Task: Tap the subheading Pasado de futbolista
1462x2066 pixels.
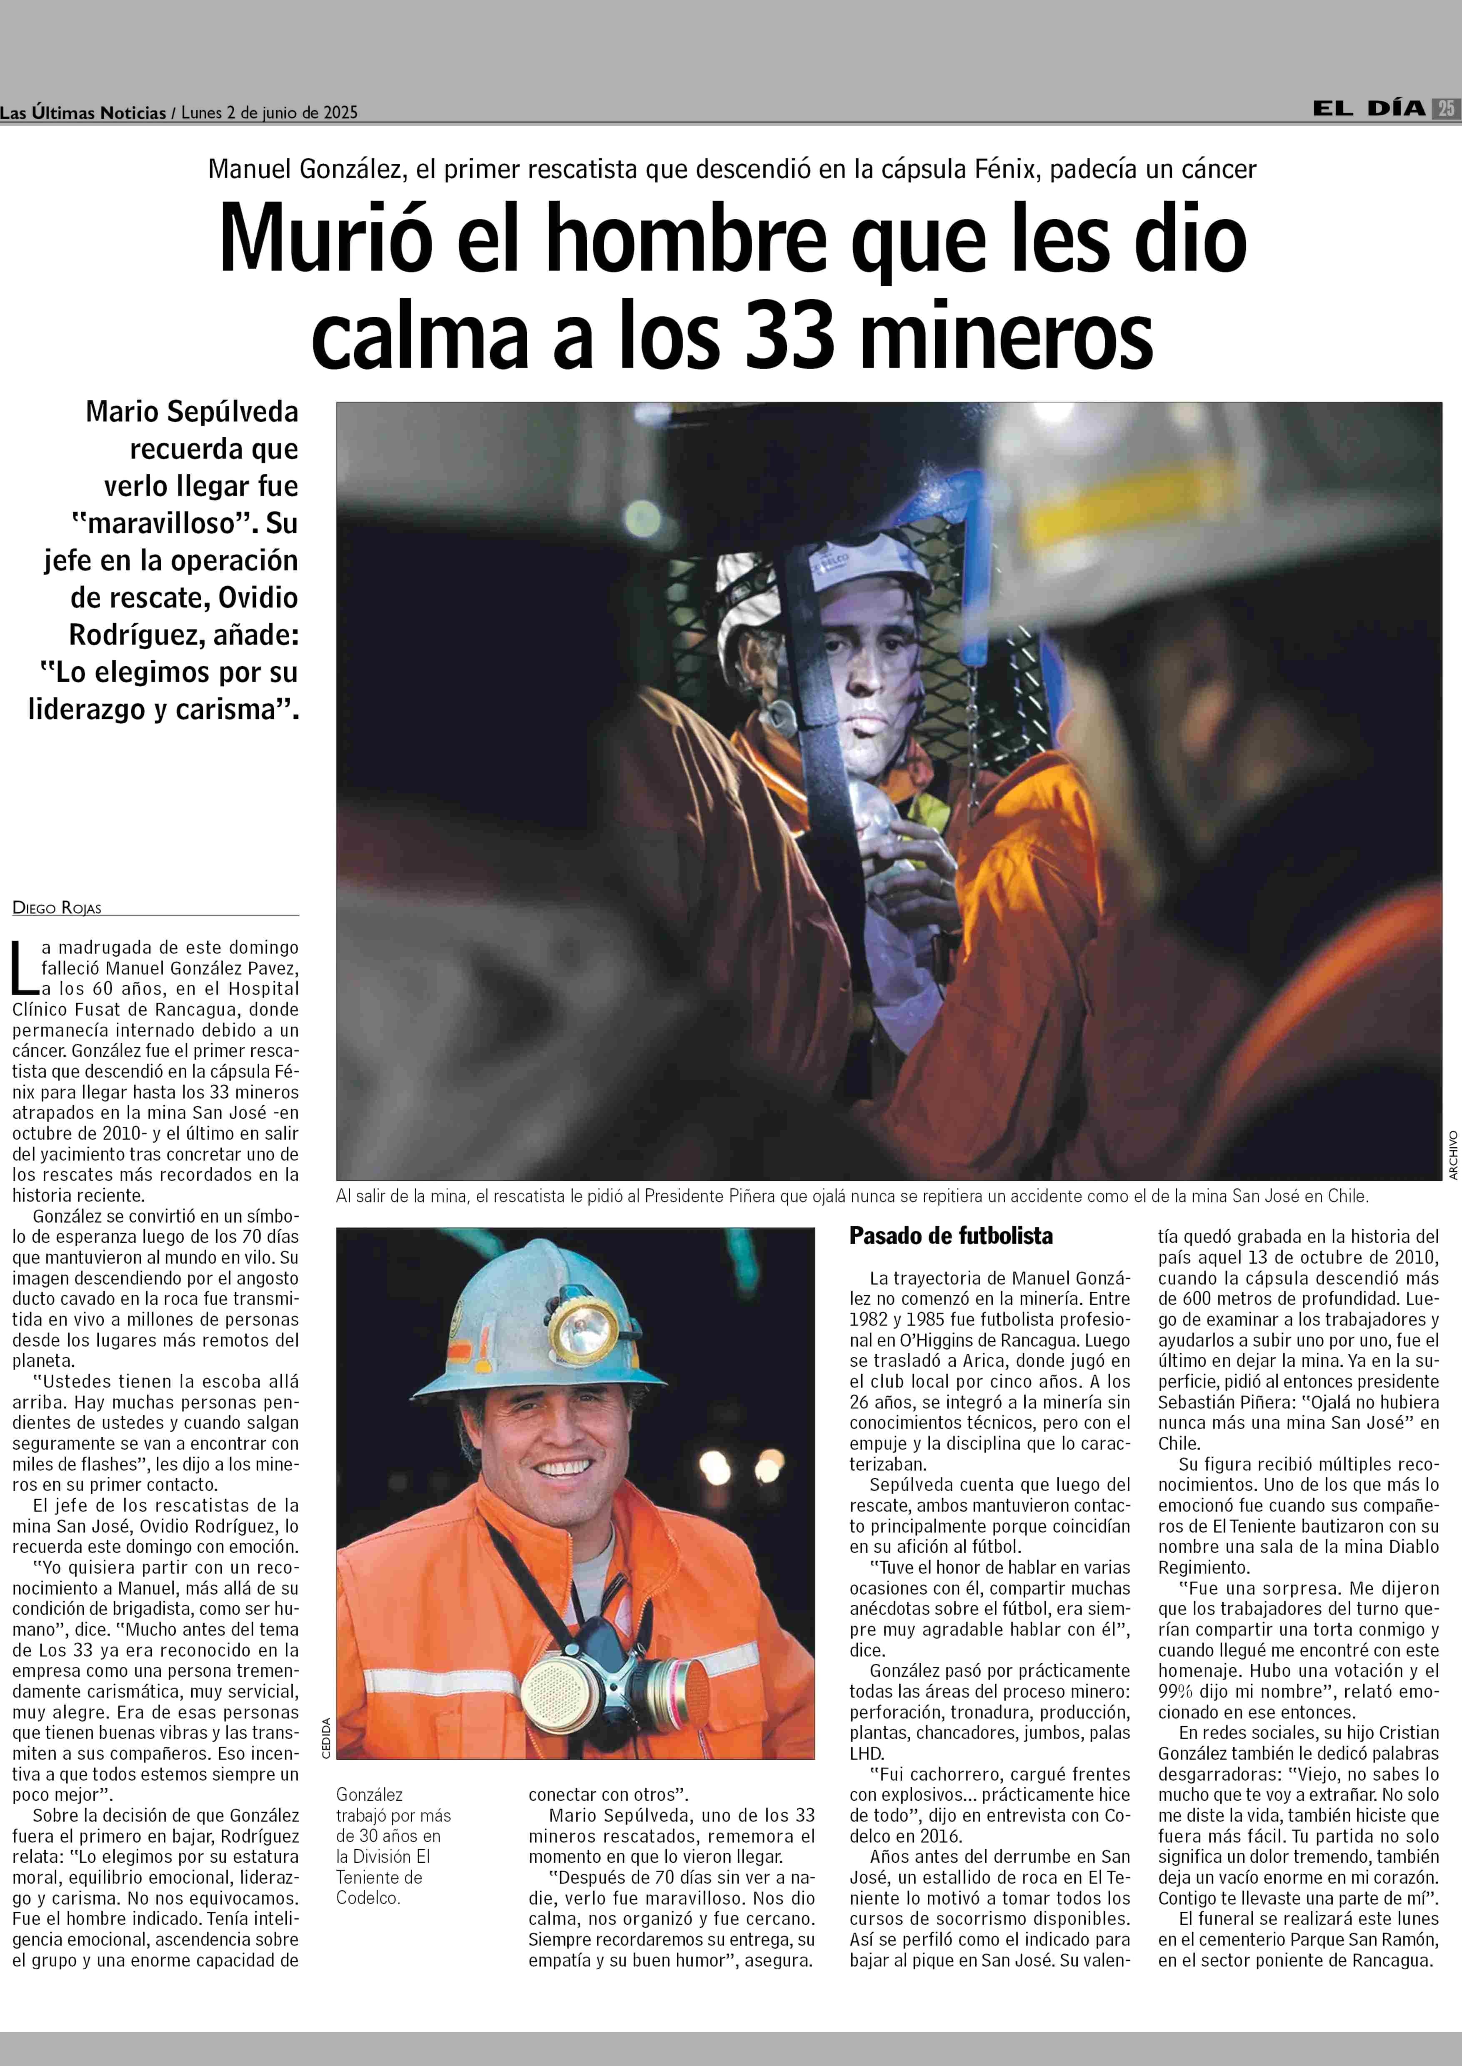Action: (951, 1236)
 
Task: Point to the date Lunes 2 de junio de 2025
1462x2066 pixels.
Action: (269, 113)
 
